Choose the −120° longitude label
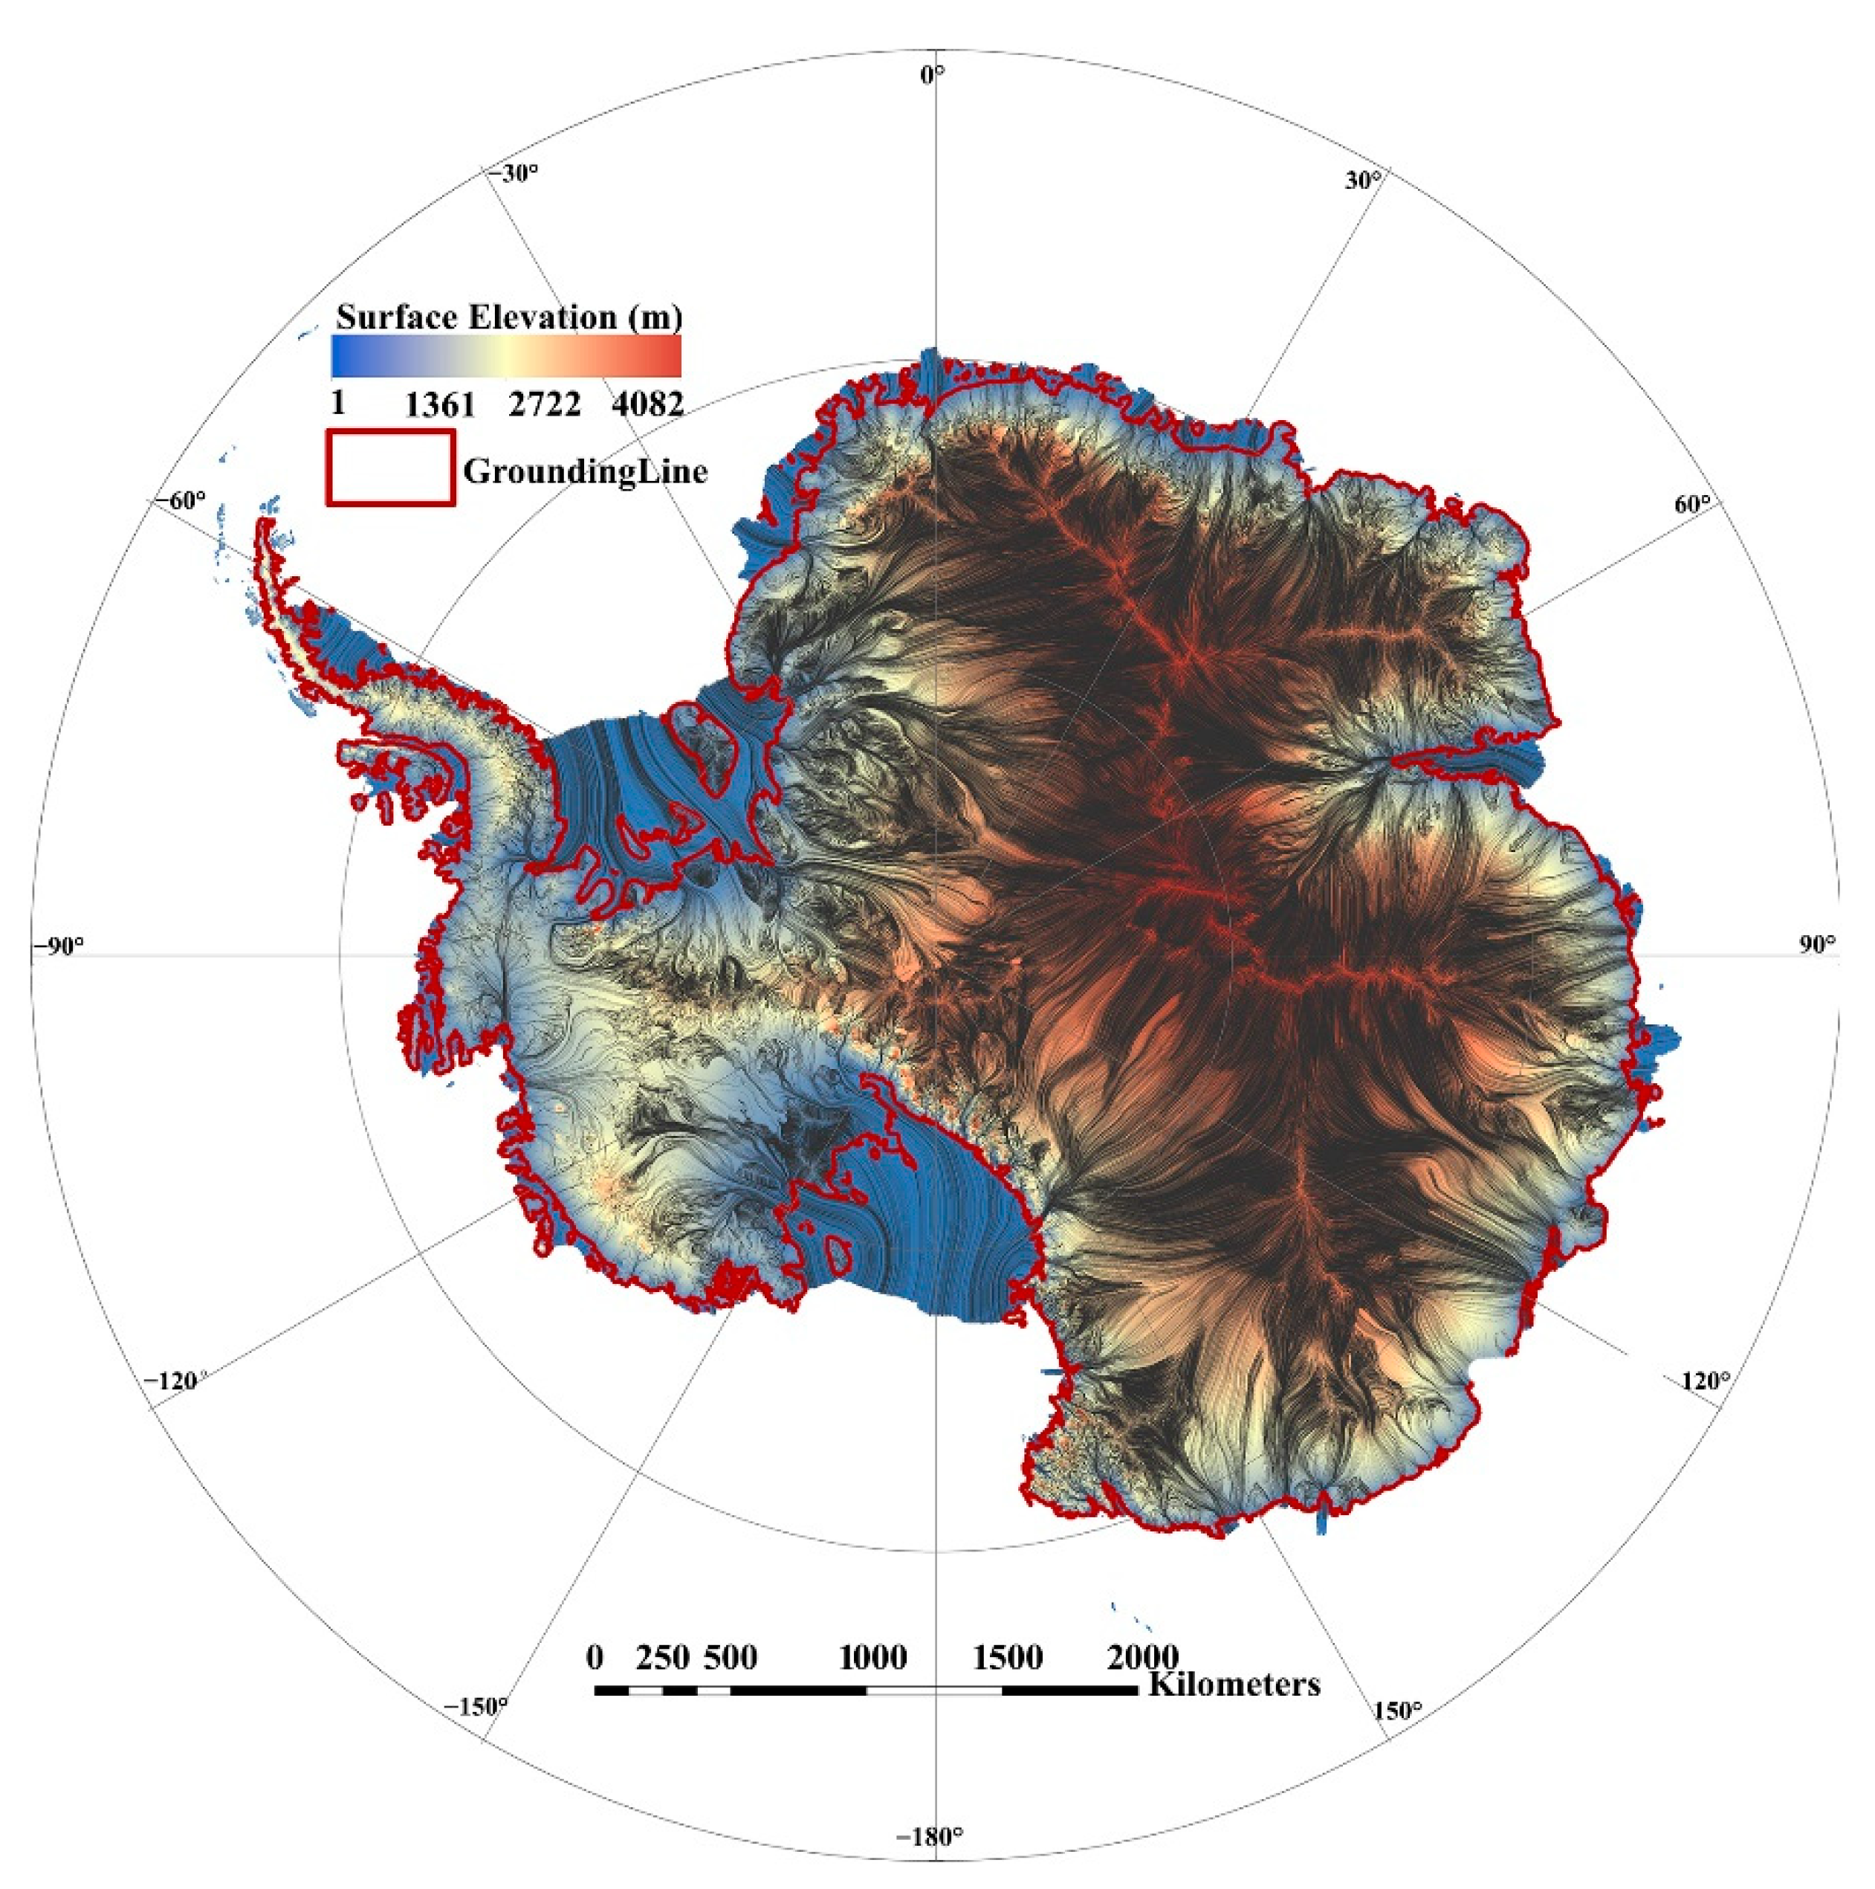[174, 1381]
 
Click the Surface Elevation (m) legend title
[508, 317]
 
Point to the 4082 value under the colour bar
[647, 404]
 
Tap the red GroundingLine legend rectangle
[390, 468]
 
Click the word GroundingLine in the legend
[585, 471]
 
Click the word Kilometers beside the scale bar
[1234, 1684]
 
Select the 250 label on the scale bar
[663, 1657]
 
